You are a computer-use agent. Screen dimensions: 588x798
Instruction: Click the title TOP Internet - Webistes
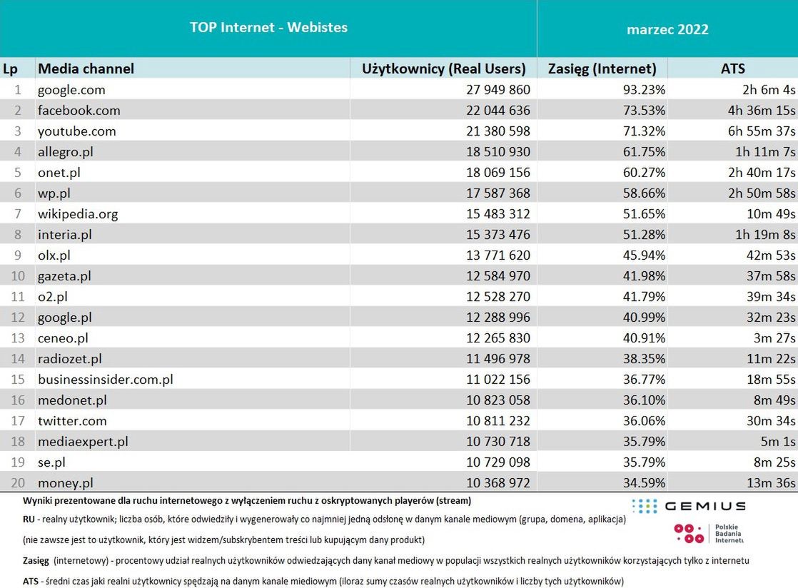[x=268, y=28]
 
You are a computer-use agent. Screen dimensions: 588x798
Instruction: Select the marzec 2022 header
[x=667, y=29]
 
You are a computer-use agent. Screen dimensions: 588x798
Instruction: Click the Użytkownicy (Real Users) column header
[x=444, y=69]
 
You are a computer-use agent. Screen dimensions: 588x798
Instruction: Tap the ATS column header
[x=732, y=69]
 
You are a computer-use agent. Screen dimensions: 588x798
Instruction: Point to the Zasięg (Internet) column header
[x=602, y=69]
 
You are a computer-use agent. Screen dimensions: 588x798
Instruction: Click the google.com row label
[x=71, y=90]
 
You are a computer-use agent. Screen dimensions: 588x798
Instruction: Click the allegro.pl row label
[x=66, y=152]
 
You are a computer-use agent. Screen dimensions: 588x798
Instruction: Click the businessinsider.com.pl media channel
[x=106, y=380]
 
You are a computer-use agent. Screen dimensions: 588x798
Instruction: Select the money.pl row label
[x=66, y=483]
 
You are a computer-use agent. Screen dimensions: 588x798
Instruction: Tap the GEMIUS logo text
[x=704, y=506]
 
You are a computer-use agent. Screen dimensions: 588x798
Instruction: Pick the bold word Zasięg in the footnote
[x=36, y=561]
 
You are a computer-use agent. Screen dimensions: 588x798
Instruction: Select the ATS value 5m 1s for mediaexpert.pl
[x=777, y=442]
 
